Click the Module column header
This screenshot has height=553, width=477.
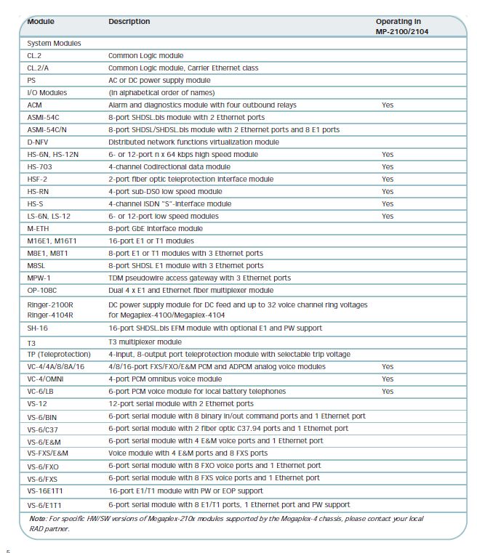coord(41,22)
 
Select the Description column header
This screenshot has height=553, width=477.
coord(129,22)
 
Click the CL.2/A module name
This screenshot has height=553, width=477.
coord(41,68)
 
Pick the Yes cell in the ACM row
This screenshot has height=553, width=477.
coord(387,105)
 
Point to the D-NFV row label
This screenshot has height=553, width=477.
coord(38,142)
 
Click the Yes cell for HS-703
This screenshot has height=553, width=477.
coord(387,167)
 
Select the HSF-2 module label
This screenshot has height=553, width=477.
coord(38,179)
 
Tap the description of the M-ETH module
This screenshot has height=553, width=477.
coord(156,229)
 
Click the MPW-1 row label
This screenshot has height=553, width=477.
coord(39,278)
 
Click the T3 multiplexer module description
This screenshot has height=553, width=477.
coord(145,342)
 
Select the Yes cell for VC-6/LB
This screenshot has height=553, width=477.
coord(387,392)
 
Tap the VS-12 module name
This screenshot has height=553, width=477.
coord(37,404)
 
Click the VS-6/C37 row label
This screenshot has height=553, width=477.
coord(44,429)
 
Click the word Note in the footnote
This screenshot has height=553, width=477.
coord(37,519)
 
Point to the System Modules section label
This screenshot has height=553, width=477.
coord(54,44)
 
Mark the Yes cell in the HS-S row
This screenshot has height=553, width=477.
coord(387,204)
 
